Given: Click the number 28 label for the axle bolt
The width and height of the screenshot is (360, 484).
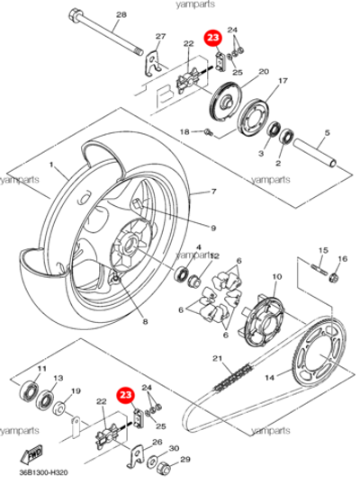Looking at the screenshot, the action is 121,14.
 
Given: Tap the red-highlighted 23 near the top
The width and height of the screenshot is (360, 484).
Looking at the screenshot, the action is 213,38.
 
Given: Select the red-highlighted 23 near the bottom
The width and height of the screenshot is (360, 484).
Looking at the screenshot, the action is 125,396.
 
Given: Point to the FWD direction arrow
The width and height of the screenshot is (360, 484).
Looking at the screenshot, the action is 32,453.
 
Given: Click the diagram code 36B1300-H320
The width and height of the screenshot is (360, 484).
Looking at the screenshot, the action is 44,472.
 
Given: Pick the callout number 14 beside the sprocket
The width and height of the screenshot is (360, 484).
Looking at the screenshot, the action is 269,377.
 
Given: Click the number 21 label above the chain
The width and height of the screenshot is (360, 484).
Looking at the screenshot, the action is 218,358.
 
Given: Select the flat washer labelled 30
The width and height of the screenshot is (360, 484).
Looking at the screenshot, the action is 152,462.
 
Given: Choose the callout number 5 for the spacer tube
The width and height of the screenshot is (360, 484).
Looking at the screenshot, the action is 328,133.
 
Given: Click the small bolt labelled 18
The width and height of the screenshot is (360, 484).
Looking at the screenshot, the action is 209,132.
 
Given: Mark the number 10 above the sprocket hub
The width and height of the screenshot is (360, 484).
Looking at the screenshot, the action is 277,276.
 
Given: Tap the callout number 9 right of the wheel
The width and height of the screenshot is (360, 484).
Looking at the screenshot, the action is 213,229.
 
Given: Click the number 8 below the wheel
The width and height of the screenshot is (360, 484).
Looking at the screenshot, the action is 145,322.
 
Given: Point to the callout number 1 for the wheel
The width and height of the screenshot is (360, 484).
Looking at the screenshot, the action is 51,165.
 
